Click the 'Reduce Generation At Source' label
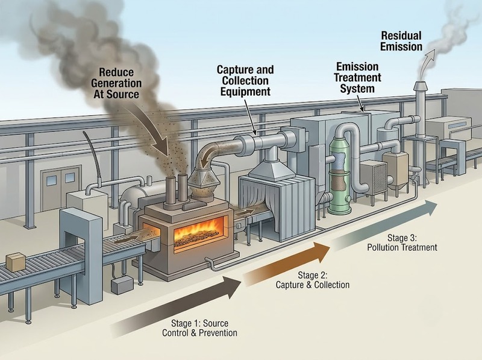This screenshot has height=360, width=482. pos(116,83)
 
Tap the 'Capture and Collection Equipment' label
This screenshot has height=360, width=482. pos(245,81)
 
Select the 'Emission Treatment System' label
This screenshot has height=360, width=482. pos(357,78)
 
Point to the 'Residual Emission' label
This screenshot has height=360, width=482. pos(401,41)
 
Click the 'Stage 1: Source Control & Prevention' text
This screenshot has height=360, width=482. pos(199,328)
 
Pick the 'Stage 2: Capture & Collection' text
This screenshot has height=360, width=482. pos(312,280)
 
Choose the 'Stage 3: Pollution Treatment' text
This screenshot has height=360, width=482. pos(402,242)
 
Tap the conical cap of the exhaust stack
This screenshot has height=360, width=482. pos(421,86)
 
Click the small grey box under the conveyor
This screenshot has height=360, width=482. pos(122,285)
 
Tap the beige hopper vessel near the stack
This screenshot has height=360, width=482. pos(395,168)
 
